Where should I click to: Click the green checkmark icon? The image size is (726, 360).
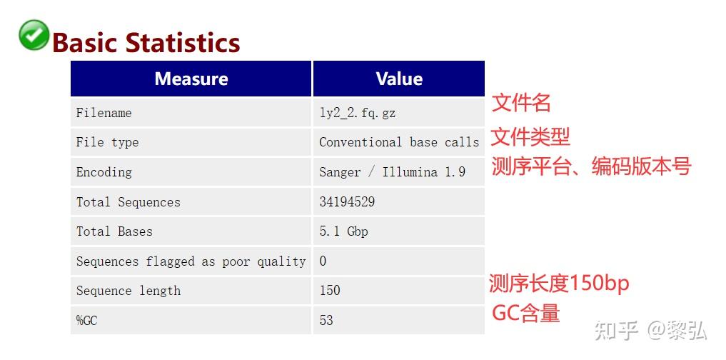(34, 35)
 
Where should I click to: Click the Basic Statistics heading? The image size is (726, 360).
(146, 43)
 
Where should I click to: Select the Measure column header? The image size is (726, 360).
(191, 79)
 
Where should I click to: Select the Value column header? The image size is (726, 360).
(399, 79)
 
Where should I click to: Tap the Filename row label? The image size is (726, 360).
(104, 113)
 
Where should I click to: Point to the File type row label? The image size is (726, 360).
(108, 142)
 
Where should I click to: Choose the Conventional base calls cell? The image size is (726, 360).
(399, 142)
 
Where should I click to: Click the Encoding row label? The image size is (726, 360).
(104, 172)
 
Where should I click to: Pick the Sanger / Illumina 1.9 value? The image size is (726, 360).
(392, 172)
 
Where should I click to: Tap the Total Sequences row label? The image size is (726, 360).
(128, 202)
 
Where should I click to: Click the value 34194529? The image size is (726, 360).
(347, 202)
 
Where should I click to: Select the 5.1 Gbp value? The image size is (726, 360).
(343, 231)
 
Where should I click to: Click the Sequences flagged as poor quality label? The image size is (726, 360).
(191, 261)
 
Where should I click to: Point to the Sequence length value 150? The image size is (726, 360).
(330, 291)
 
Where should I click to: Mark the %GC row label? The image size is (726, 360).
(87, 321)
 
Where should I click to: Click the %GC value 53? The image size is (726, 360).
(326, 321)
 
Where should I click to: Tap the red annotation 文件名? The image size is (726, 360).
(521, 103)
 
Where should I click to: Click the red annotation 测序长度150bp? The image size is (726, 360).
(559, 284)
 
